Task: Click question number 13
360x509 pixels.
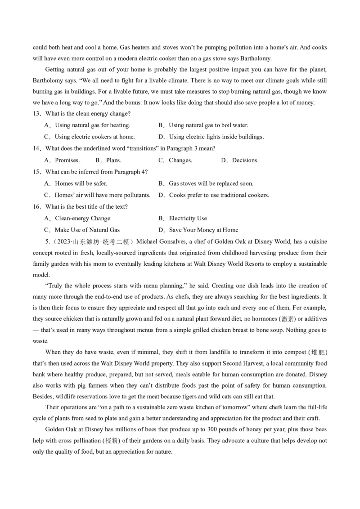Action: point(36,114)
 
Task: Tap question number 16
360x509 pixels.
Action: point(36,207)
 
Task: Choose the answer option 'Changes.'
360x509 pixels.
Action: point(180,160)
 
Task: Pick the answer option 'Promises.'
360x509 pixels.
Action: point(67,160)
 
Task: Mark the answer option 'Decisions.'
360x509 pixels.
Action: point(245,160)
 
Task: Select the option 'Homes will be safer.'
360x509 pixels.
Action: point(81,183)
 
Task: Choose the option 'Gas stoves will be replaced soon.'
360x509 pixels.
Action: point(211,183)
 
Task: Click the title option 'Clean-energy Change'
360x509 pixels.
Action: point(82,219)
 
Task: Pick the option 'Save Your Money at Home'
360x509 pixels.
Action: point(203,230)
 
